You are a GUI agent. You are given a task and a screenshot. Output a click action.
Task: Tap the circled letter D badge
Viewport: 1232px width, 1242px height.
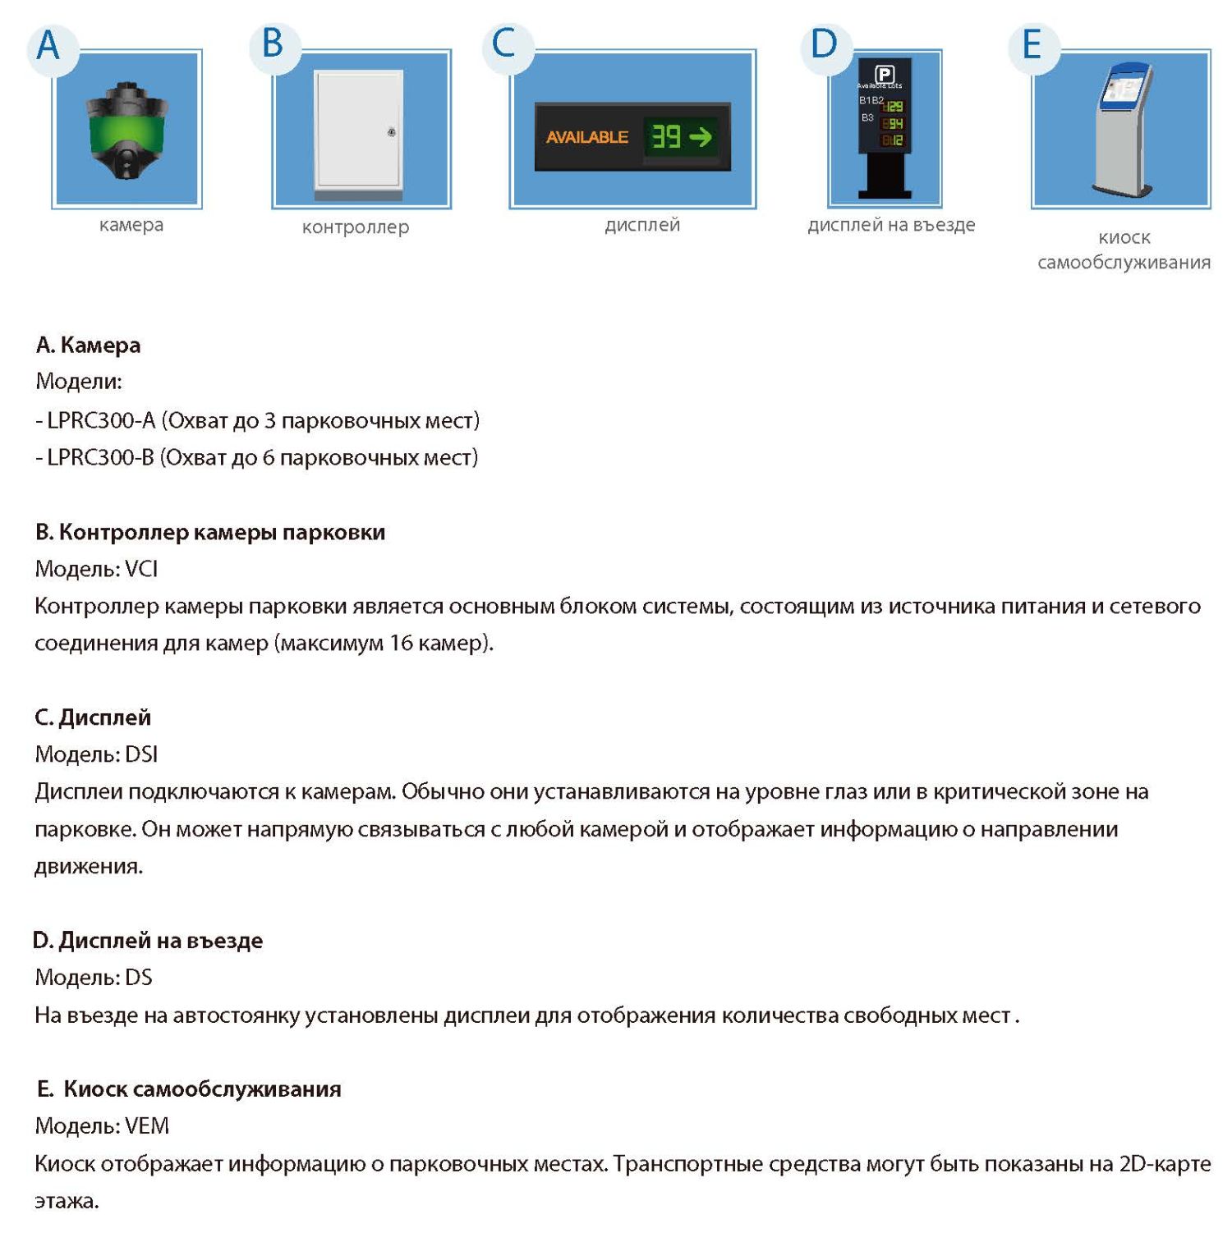pos(824,44)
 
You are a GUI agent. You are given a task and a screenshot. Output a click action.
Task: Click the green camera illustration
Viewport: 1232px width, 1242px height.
pos(126,131)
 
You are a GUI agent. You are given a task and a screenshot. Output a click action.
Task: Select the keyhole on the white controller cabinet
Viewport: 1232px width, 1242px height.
pos(392,132)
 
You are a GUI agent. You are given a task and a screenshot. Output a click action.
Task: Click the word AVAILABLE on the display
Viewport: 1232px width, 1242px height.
pos(586,137)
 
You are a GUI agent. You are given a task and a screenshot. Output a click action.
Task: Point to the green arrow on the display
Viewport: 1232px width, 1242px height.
pos(701,136)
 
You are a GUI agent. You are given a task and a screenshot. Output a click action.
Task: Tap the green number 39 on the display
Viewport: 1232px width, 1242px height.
pos(666,136)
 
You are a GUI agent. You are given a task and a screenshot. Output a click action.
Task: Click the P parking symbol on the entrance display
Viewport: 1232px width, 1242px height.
pos(884,74)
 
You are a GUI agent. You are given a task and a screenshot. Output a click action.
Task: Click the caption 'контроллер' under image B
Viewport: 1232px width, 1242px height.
pos(355,227)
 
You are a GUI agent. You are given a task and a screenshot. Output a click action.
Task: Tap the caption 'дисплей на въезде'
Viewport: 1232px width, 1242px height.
pos(891,225)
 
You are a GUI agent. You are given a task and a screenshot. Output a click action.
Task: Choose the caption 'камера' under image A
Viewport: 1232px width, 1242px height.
pos(131,225)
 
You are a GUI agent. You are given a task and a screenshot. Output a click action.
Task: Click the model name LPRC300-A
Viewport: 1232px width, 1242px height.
pos(101,420)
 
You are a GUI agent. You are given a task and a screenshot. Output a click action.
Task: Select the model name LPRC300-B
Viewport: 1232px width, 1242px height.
pos(101,457)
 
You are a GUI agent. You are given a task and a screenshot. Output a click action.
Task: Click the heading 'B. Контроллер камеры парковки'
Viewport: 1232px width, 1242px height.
pos(210,532)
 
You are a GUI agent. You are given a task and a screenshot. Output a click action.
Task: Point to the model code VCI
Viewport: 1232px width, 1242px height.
pos(141,569)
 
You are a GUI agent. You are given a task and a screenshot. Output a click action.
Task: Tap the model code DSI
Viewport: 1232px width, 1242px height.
pos(141,754)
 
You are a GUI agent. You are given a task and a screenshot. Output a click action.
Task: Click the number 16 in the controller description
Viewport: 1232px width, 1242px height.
pos(401,643)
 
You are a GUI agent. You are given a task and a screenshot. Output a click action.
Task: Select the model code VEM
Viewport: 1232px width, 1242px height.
pos(147,1125)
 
